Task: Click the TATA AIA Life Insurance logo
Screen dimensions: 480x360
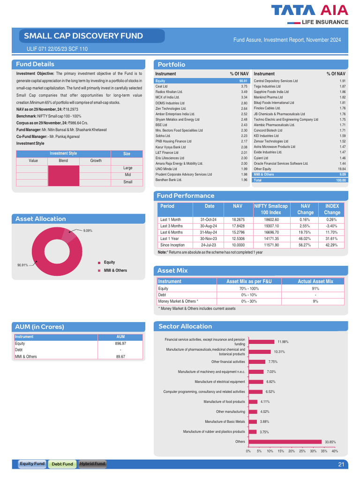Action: (310, 14)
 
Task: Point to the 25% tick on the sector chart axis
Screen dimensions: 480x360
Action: (302, 451)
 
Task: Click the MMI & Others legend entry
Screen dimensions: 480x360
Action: (115, 270)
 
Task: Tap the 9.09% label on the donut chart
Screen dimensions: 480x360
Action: (88, 231)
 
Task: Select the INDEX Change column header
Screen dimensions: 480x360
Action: (332, 209)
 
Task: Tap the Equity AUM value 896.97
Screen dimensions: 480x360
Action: (120, 344)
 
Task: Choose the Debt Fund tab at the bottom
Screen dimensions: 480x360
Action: (62, 464)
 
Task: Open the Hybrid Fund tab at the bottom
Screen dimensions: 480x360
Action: (92, 464)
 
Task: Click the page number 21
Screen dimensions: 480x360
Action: (341, 465)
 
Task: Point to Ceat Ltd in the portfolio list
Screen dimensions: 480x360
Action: (162, 86)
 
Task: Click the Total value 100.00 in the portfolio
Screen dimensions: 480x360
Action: (341, 180)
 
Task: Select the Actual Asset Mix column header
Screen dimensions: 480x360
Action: (315, 281)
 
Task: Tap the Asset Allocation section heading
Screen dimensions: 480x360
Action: (41, 219)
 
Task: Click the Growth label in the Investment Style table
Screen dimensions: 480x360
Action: (96, 160)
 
